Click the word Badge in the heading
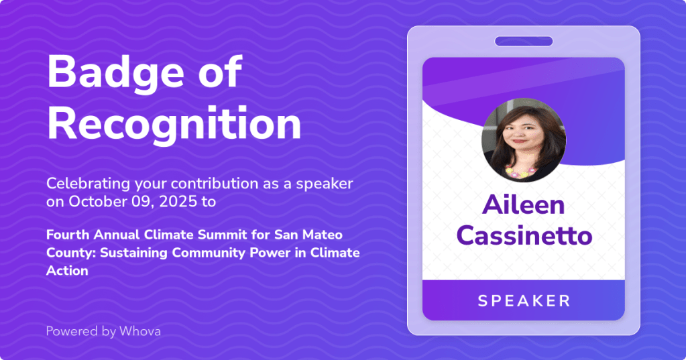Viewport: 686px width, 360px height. pos(115,72)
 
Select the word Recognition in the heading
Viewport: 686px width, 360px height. pos(174,124)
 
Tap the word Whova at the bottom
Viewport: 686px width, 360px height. pos(140,331)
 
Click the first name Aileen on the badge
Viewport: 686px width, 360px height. pos(523,204)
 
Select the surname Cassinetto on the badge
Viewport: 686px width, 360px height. pos(524,235)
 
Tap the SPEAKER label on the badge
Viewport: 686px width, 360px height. pos(524,300)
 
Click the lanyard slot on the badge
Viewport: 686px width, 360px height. pos(524,42)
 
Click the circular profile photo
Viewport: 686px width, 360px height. pos(524,140)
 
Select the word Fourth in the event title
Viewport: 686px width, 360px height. pos(68,235)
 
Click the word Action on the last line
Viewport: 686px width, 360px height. pos(67,271)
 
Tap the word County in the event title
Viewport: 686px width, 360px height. pos(71,253)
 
